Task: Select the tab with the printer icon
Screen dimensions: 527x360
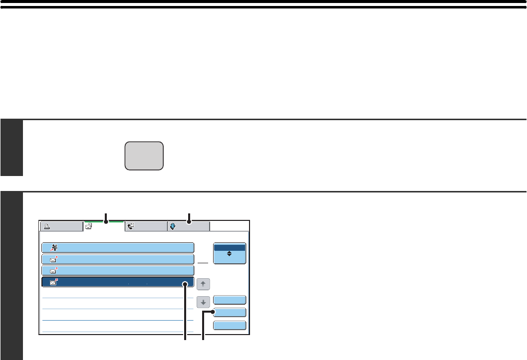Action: click(61, 226)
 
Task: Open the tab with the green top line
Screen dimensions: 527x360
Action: click(104, 226)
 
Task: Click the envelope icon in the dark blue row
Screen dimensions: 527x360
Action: click(53, 283)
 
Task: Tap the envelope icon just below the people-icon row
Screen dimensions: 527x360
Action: click(53, 259)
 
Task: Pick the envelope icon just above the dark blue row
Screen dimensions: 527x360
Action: click(53, 271)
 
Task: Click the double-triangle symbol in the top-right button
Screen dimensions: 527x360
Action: click(230, 254)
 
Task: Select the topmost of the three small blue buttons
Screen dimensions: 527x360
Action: click(230, 300)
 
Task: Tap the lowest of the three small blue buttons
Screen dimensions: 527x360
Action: click(230, 325)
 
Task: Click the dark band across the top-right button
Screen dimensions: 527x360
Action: click(230, 247)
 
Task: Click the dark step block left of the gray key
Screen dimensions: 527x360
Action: click(11, 148)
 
